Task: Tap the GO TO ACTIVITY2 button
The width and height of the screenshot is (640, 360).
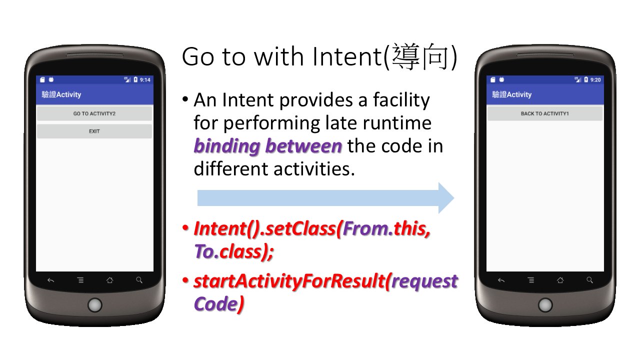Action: click(x=94, y=113)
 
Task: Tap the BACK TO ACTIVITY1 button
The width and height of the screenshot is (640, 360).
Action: click(x=545, y=113)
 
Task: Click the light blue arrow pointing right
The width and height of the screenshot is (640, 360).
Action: click(x=325, y=198)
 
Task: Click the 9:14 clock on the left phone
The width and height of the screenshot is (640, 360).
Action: click(x=145, y=79)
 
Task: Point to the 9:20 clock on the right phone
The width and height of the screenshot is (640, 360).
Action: click(x=595, y=79)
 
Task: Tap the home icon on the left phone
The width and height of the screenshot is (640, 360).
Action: click(x=109, y=280)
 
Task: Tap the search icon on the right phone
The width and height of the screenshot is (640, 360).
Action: click(x=589, y=280)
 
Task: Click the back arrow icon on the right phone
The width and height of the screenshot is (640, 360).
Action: click(x=501, y=280)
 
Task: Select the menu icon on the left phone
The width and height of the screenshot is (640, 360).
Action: click(x=80, y=280)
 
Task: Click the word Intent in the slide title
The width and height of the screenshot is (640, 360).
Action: click(x=347, y=57)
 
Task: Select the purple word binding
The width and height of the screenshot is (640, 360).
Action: click(x=227, y=146)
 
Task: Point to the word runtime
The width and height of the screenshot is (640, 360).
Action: click(x=397, y=123)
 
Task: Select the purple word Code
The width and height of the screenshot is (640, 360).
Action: click(x=215, y=303)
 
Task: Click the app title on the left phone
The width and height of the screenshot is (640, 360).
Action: click(x=61, y=94)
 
